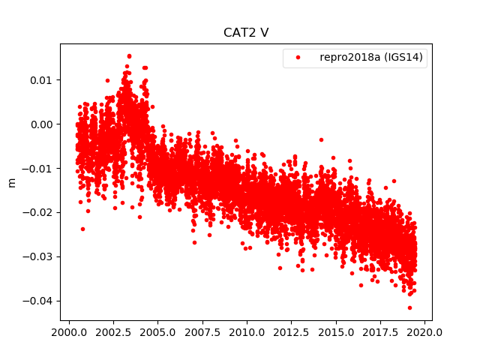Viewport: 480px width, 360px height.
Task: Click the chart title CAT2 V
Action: point(246,33)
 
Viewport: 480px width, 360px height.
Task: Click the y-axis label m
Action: point(11,182)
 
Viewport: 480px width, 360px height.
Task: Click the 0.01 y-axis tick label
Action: point(43,80)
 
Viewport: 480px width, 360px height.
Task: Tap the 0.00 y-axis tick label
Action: point(43,124)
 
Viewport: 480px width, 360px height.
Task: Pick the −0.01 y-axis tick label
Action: point(40,169)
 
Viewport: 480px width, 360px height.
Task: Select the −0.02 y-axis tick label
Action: point(40,213)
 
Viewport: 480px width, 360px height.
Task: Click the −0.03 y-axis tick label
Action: point(40,257)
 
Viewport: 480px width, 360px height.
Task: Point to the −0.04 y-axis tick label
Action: point(40,301)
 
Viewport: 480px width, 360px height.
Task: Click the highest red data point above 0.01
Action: point(129,55)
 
